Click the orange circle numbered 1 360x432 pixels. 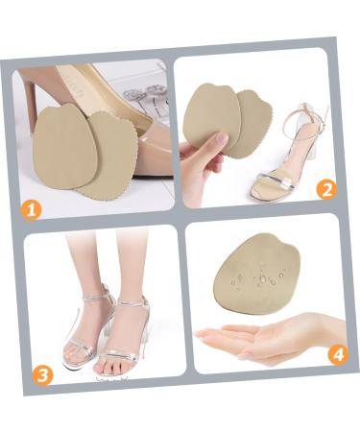[31, 210]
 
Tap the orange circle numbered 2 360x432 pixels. [326, 190]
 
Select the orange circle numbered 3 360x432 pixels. [42, 375]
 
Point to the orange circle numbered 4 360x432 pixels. [339, 354]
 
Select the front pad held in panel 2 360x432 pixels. [209, 115]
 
